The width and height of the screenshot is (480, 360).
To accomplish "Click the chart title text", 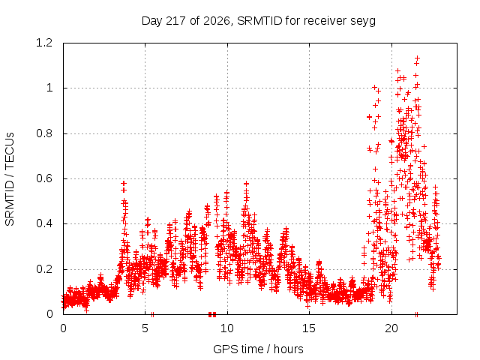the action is tap(259, 21).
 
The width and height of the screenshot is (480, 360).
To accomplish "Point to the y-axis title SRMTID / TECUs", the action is tap(10, 179).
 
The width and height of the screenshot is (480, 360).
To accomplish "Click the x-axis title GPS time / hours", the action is tap(258, 349).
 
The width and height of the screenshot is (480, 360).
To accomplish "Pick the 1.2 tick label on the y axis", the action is tap(44, 43).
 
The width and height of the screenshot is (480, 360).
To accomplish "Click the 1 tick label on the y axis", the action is tap(49, 88).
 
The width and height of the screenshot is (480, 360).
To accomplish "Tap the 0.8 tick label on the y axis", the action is tap(44, 133).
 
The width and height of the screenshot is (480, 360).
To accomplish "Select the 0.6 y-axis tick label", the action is tap(44, 178).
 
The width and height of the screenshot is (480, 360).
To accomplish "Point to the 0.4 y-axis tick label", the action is tap(44, 223).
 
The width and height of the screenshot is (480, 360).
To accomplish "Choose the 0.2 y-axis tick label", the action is tap(44, 269).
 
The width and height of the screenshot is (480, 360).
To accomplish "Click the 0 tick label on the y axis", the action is tap(49, 314).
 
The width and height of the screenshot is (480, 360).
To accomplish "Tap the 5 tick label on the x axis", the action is tap(145, 328).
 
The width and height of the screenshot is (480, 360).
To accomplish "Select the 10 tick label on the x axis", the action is tap(227, 328).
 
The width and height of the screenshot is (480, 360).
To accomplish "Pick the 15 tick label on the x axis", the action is tap(309, 328).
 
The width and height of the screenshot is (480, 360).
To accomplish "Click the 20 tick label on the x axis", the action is tap(391, 328).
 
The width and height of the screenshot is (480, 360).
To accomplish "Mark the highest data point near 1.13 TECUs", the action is tap(417, 58).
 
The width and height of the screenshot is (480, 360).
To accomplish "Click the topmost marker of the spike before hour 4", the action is tap(124, 183).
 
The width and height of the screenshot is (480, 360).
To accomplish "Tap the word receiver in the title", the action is tap(325, 21).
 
